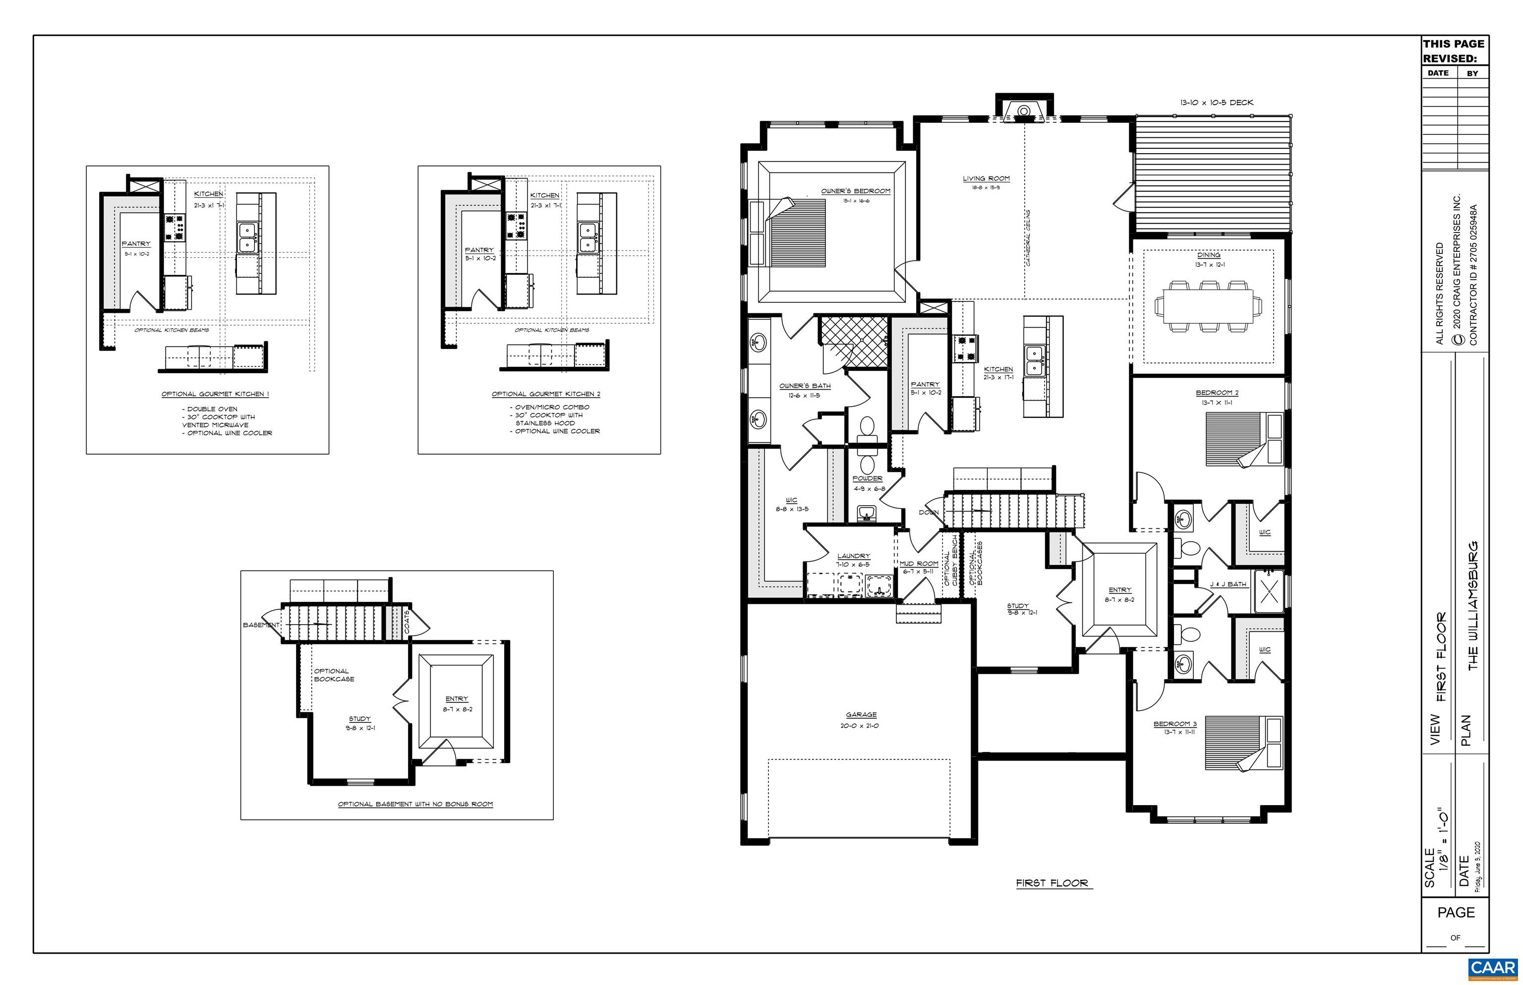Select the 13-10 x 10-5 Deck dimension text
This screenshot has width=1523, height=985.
[1216, 102]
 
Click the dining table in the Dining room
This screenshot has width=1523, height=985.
[1208, 306]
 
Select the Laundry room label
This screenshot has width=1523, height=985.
[853, 556]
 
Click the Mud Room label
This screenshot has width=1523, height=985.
[919, 564]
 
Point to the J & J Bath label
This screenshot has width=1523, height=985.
[1228, 584]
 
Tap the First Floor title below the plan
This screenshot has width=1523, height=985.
[1052, 883]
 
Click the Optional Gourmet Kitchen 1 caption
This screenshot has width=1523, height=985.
[215, 394]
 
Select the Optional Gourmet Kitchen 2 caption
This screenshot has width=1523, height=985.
[546, 394]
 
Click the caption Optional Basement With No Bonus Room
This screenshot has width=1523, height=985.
[415, 804]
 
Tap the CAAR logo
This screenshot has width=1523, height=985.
[1492, 968]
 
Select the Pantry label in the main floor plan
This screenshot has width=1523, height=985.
[925, 384]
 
